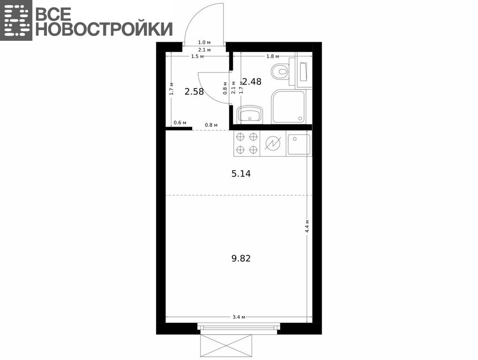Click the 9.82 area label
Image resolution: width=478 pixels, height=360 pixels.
click(x=241, y=258)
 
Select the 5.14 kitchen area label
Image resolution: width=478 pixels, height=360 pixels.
click(x=241, y=174)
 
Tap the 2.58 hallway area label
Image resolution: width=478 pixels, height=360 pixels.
click(x=194, y=91)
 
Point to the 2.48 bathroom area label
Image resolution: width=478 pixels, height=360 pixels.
click(x=252, y=82)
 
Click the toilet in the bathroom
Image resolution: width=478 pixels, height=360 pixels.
click(x=280, y=71)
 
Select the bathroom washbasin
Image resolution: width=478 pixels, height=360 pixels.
click(x=250, y=114)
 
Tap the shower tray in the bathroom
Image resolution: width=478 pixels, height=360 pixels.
click(x=288, y=106)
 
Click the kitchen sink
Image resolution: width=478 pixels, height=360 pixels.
click(x=299, y=144)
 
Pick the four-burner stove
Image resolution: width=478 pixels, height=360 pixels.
click(x=246, y=143)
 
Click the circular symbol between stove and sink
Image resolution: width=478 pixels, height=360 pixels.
click(x=273, y=143)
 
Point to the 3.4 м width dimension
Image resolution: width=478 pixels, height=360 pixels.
click(x=239, y=317)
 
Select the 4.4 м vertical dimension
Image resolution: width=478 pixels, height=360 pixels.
click(x=307, y=226)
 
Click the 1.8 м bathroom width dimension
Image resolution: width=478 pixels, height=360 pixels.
click(x=273, y=56)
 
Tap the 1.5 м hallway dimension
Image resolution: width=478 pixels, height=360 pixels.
click(x=197, y=56)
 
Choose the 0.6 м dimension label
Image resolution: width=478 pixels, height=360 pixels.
click(x=180, y=123)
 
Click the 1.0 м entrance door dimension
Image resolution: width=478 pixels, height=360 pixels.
click(x=204, y=43)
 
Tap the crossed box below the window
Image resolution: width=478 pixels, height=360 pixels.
click(x=226, y=345)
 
